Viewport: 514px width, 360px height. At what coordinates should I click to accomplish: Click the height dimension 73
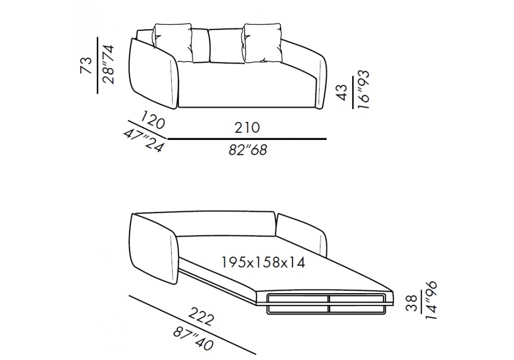click(x=86, y=65)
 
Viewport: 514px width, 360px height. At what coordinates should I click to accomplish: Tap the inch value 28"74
click(x=108, y=65)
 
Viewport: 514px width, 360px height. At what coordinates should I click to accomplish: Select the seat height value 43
click(x=341, y=93)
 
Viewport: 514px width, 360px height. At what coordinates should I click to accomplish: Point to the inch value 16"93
click(x=363, y=89)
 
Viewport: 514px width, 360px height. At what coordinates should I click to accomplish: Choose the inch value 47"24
click(x=143, y=140)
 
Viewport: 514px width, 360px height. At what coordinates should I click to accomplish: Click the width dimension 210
click(x=247, y=128)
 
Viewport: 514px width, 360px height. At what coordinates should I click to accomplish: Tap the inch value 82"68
click(x=248, y=150)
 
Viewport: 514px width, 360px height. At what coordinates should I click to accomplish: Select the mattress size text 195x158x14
click(x=264, y=262)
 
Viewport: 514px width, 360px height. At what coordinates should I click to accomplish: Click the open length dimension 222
click(x=201, y=317)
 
